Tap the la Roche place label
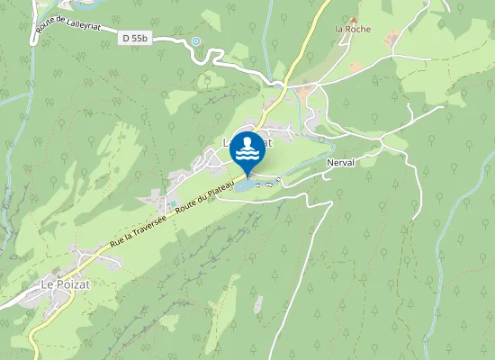(x=352, y=29)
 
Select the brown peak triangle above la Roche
(x=354, y=18)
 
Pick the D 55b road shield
(x=132, y=38)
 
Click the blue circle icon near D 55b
(x=196, y=41)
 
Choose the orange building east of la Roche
(x=392, y=37)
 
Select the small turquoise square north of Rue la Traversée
(x=174, y=203)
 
